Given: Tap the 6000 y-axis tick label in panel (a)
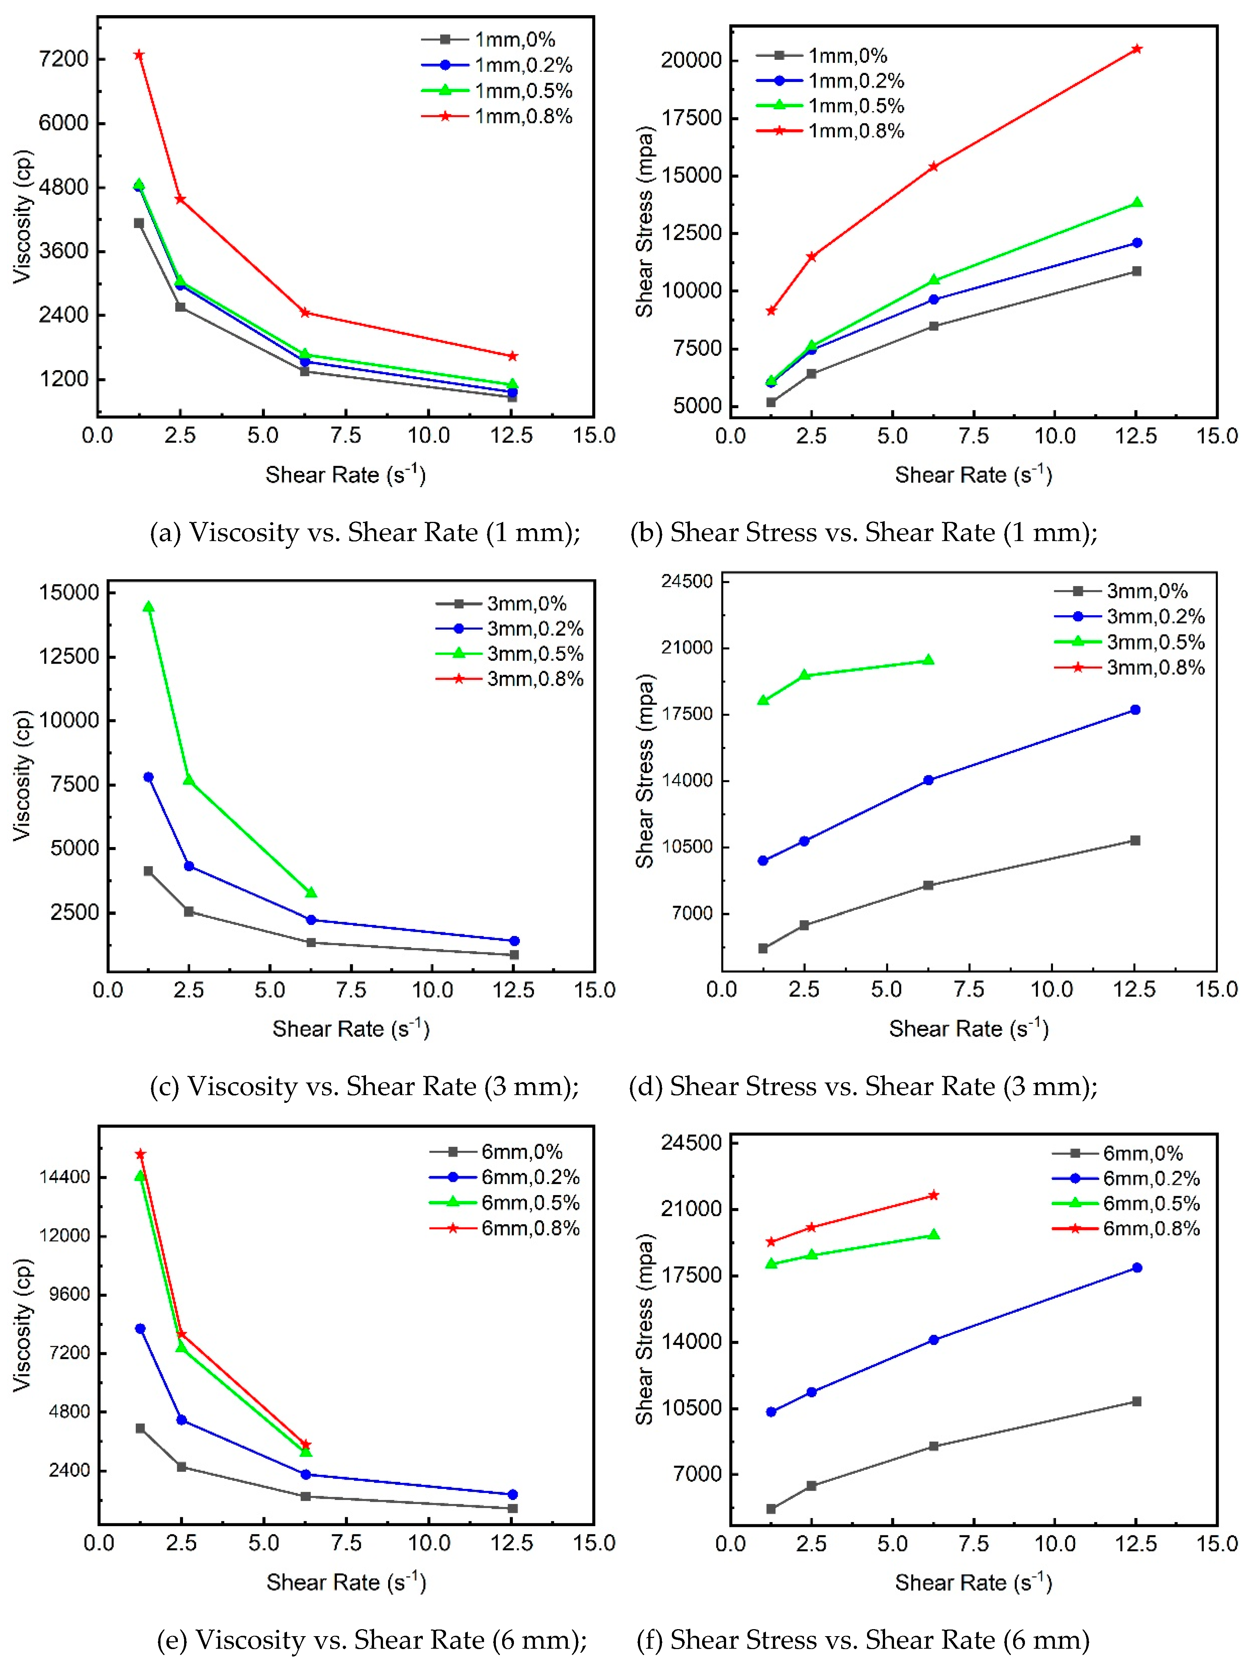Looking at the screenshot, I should (63, 123).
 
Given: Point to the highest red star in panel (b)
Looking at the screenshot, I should (1137, 49).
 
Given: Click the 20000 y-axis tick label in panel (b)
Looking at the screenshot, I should (691, 61).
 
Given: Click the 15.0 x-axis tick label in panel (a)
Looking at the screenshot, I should (594, 436).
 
